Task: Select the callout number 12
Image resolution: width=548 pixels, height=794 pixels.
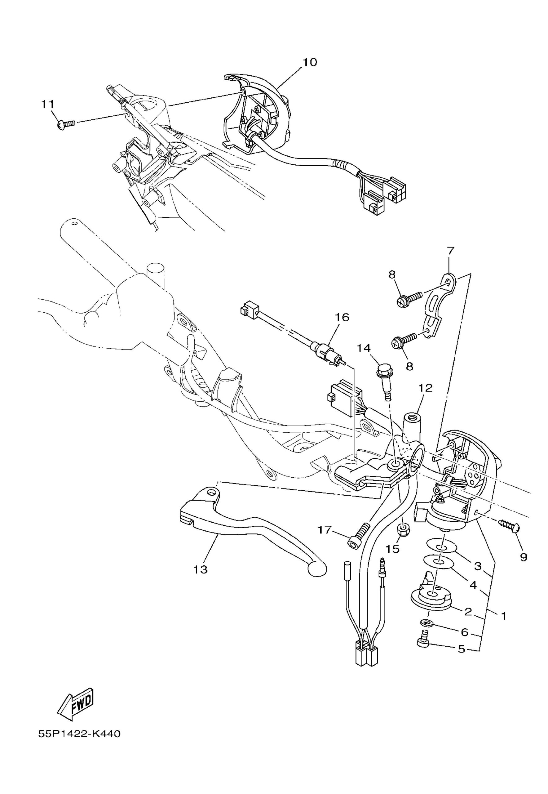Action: [x=426, y=388]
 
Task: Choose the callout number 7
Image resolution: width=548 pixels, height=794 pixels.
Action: [x=450, y=251]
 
